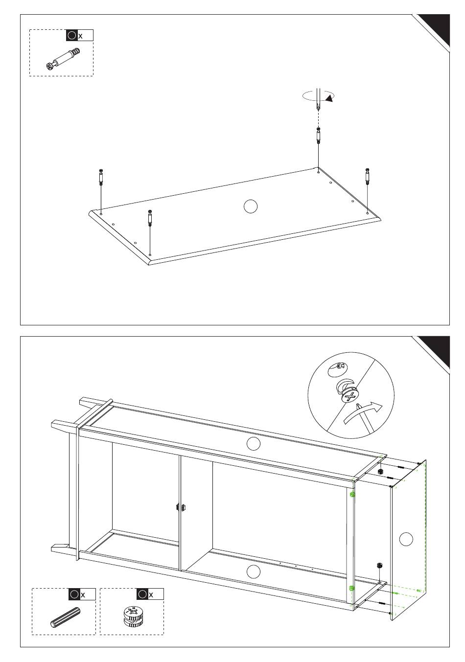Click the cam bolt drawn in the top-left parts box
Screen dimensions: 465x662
[x=64, y=59]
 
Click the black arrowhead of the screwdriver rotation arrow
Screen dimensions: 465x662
[x=329, y=99]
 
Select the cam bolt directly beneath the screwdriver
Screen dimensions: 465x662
[x=318, y=136]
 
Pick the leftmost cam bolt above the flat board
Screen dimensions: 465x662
[x=101, y=177]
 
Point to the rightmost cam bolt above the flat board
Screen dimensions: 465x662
[x=368, y=177]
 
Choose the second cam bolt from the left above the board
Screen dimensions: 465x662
[x=150, y=218]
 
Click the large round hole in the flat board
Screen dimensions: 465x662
[x=251, y=206]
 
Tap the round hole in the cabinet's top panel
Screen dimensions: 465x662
[x=253, y=444]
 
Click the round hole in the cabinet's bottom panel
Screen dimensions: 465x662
[x=253, y=571]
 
